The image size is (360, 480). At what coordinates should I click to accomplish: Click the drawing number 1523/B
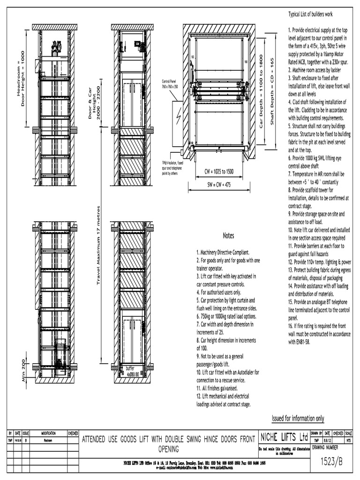click(331, 461)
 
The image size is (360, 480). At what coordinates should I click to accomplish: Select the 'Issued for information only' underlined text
click(298, 418)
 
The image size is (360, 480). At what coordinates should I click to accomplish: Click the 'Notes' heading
click(228, 236)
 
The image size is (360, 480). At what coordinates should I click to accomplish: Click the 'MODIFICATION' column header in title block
click(48, 433)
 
